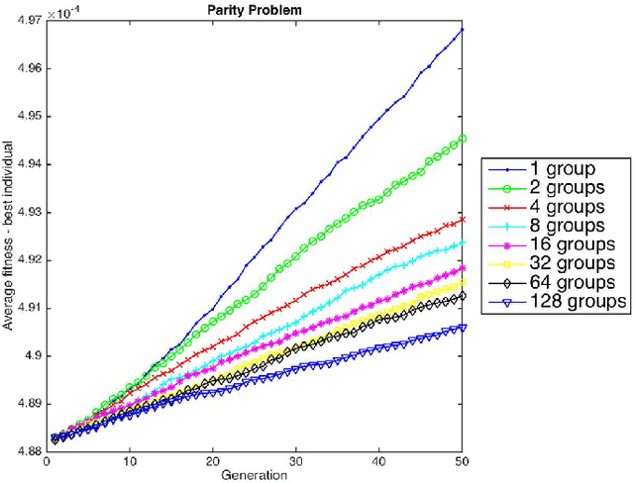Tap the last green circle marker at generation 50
(463, 139)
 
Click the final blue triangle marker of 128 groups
(463, 327)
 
